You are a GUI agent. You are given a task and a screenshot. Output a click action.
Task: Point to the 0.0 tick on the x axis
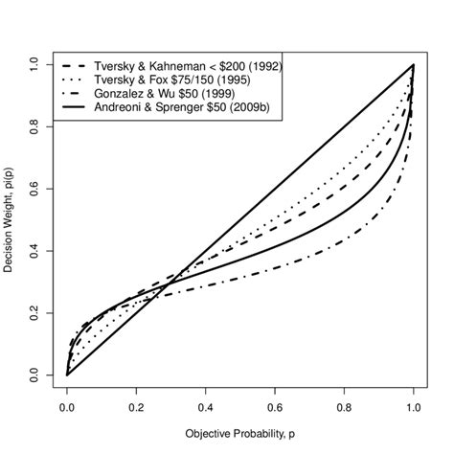(x=67, y=406)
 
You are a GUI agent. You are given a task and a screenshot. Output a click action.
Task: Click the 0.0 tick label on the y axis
(x=34, y=375)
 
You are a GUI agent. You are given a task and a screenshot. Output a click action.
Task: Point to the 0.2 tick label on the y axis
(x=34, y=313)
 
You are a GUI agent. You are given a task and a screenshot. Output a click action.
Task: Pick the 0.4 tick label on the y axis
(x=34, y=251)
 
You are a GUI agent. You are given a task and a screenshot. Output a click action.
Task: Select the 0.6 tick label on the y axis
(x=34, y=189)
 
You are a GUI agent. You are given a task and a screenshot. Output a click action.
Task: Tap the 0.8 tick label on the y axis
(x=34, y=126)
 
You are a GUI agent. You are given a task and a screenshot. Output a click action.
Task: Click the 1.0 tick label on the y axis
(x=34, y=64)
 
